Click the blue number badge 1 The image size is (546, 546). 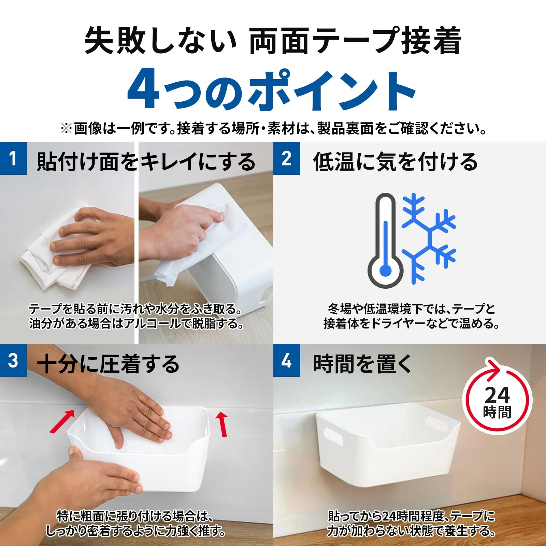click(13, 158)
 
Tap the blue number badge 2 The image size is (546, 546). click(287, 158)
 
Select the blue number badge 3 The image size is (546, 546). click(13, 360)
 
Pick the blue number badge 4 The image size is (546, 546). click(287, 360)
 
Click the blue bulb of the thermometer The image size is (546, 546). click(386, 271)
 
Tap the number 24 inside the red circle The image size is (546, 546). click(497, 395)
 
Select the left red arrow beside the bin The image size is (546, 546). click(62, 421)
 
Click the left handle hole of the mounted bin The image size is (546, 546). click(333, 437)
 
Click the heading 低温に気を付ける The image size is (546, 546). click(396, 161)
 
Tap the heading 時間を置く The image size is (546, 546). click(363, 364)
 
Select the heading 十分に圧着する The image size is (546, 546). click(108, 364)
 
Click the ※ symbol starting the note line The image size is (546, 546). click(66, 129)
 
